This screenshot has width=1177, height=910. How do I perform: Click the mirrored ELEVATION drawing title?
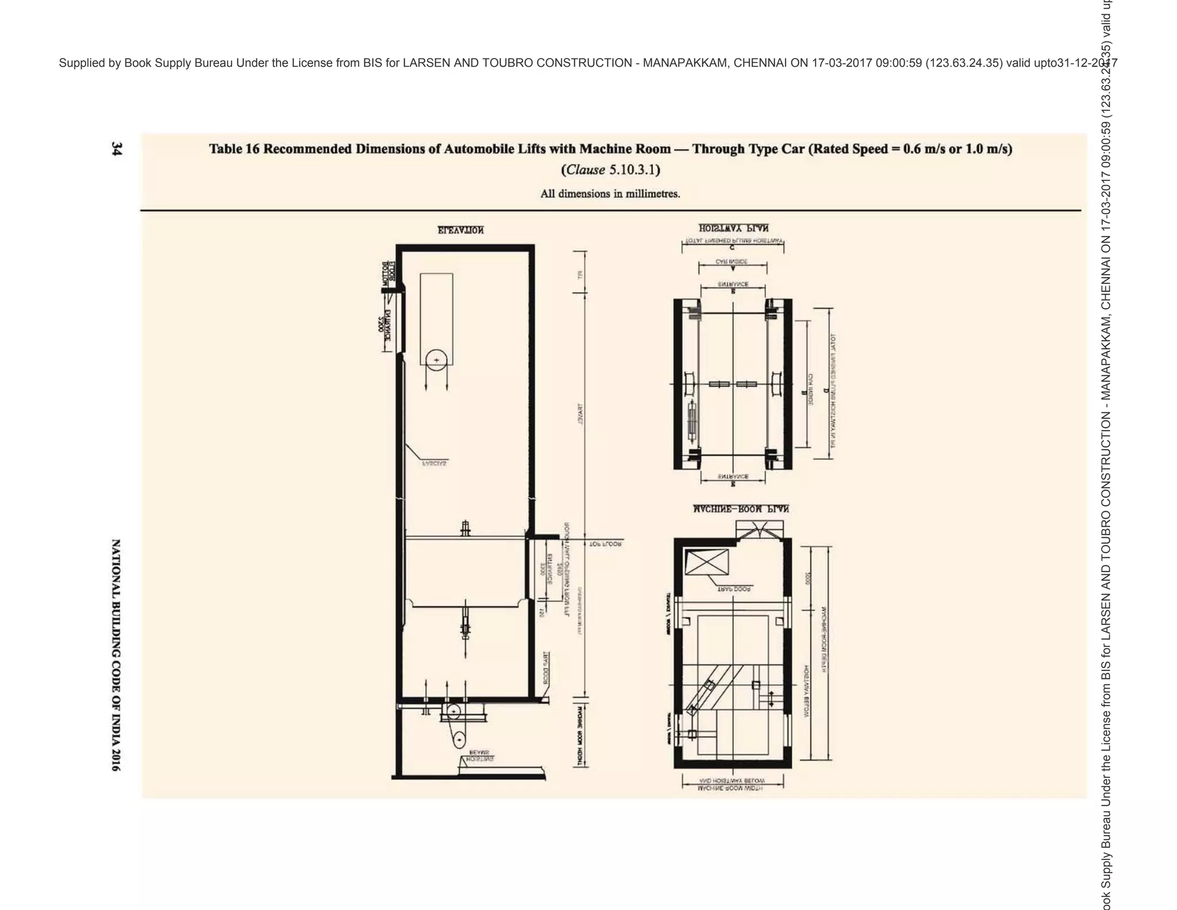point(460,230)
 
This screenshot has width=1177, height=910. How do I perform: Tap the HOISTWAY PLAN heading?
point(733,228)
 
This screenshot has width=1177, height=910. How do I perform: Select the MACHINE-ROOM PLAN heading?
point(740,509)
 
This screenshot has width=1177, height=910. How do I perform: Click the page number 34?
point(116,149)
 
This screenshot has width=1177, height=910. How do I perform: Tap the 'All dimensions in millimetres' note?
point(610,194)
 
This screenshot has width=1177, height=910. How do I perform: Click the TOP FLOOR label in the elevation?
point(605,543)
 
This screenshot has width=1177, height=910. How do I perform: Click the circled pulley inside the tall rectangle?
point(436,360)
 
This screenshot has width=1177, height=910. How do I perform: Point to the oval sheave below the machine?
point(458,739)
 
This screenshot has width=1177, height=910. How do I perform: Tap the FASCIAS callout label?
point(434,462)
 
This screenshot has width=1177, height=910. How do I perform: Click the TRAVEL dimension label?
point(580,414)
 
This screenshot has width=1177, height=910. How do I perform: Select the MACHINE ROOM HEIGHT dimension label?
point(580,735)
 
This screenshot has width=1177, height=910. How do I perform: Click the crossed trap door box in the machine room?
point(706,561)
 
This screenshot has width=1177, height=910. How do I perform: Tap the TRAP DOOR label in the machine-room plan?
point(733,589)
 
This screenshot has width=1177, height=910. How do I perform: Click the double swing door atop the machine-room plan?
point(760,530)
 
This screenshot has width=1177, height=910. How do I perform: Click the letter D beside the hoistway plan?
point(825,391)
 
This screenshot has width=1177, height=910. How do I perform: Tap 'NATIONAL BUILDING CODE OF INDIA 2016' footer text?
point(116,654)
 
